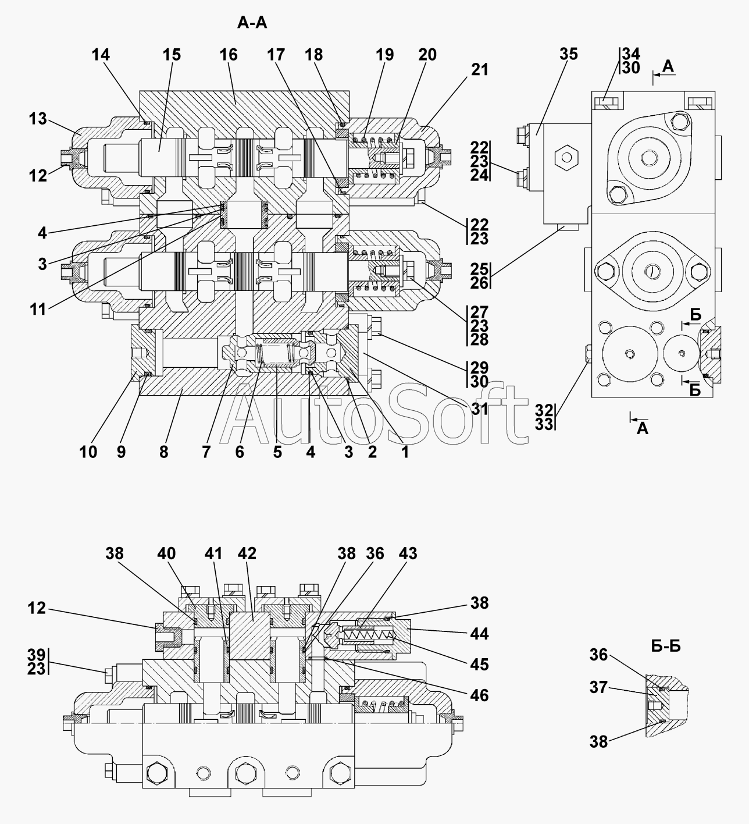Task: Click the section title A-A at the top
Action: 252,23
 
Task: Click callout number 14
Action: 101,55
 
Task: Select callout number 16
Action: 229,55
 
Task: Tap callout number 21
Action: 480,70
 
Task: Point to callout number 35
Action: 568,54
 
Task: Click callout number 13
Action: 38,119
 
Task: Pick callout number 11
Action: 38,310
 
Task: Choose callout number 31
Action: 479,409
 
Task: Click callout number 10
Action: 88,452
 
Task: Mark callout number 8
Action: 164,452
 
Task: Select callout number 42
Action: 247,553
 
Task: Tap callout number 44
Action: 480,634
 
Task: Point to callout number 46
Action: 480,695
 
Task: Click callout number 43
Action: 408,553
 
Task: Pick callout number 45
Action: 480,665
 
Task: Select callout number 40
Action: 166,553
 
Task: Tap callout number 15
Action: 172,55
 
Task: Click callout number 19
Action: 385,55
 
